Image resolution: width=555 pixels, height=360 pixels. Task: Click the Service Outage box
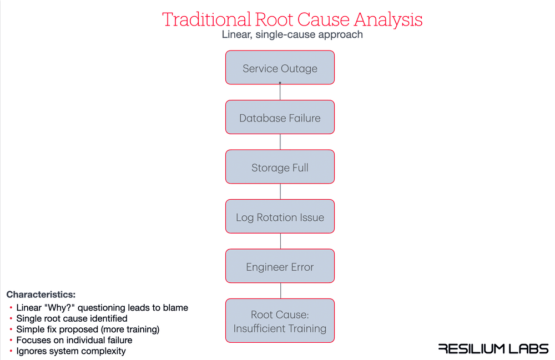(280, 68)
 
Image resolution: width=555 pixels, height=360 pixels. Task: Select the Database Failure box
(280, 118)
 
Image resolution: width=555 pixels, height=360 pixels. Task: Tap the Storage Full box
(280, 167)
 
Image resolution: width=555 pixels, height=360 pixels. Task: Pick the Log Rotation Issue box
(280, 217)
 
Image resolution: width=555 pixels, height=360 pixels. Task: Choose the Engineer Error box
(280, 266)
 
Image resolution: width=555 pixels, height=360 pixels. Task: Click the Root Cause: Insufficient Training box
(280, 321)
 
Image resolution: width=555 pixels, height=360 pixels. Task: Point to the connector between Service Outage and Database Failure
(280, 92)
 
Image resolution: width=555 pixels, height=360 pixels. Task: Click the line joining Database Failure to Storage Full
(280, 142)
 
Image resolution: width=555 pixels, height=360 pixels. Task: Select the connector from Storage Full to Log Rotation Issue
(280, 191)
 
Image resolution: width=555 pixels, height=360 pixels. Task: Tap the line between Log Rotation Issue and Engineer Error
(280, 241)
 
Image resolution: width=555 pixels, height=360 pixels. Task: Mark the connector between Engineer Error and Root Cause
(280, 291)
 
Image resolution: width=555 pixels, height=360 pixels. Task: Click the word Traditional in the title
(206, 19)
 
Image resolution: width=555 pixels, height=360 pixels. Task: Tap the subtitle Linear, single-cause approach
(292, 35)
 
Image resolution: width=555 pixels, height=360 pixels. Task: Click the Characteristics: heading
(41, 295)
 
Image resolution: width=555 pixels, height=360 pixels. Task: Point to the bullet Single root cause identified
(72, 318)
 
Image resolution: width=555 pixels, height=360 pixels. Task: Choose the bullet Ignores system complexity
(71, 351)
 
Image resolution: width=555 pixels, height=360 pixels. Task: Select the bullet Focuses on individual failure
(74, 340)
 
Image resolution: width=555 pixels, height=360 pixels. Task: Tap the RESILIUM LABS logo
(493, 348)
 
